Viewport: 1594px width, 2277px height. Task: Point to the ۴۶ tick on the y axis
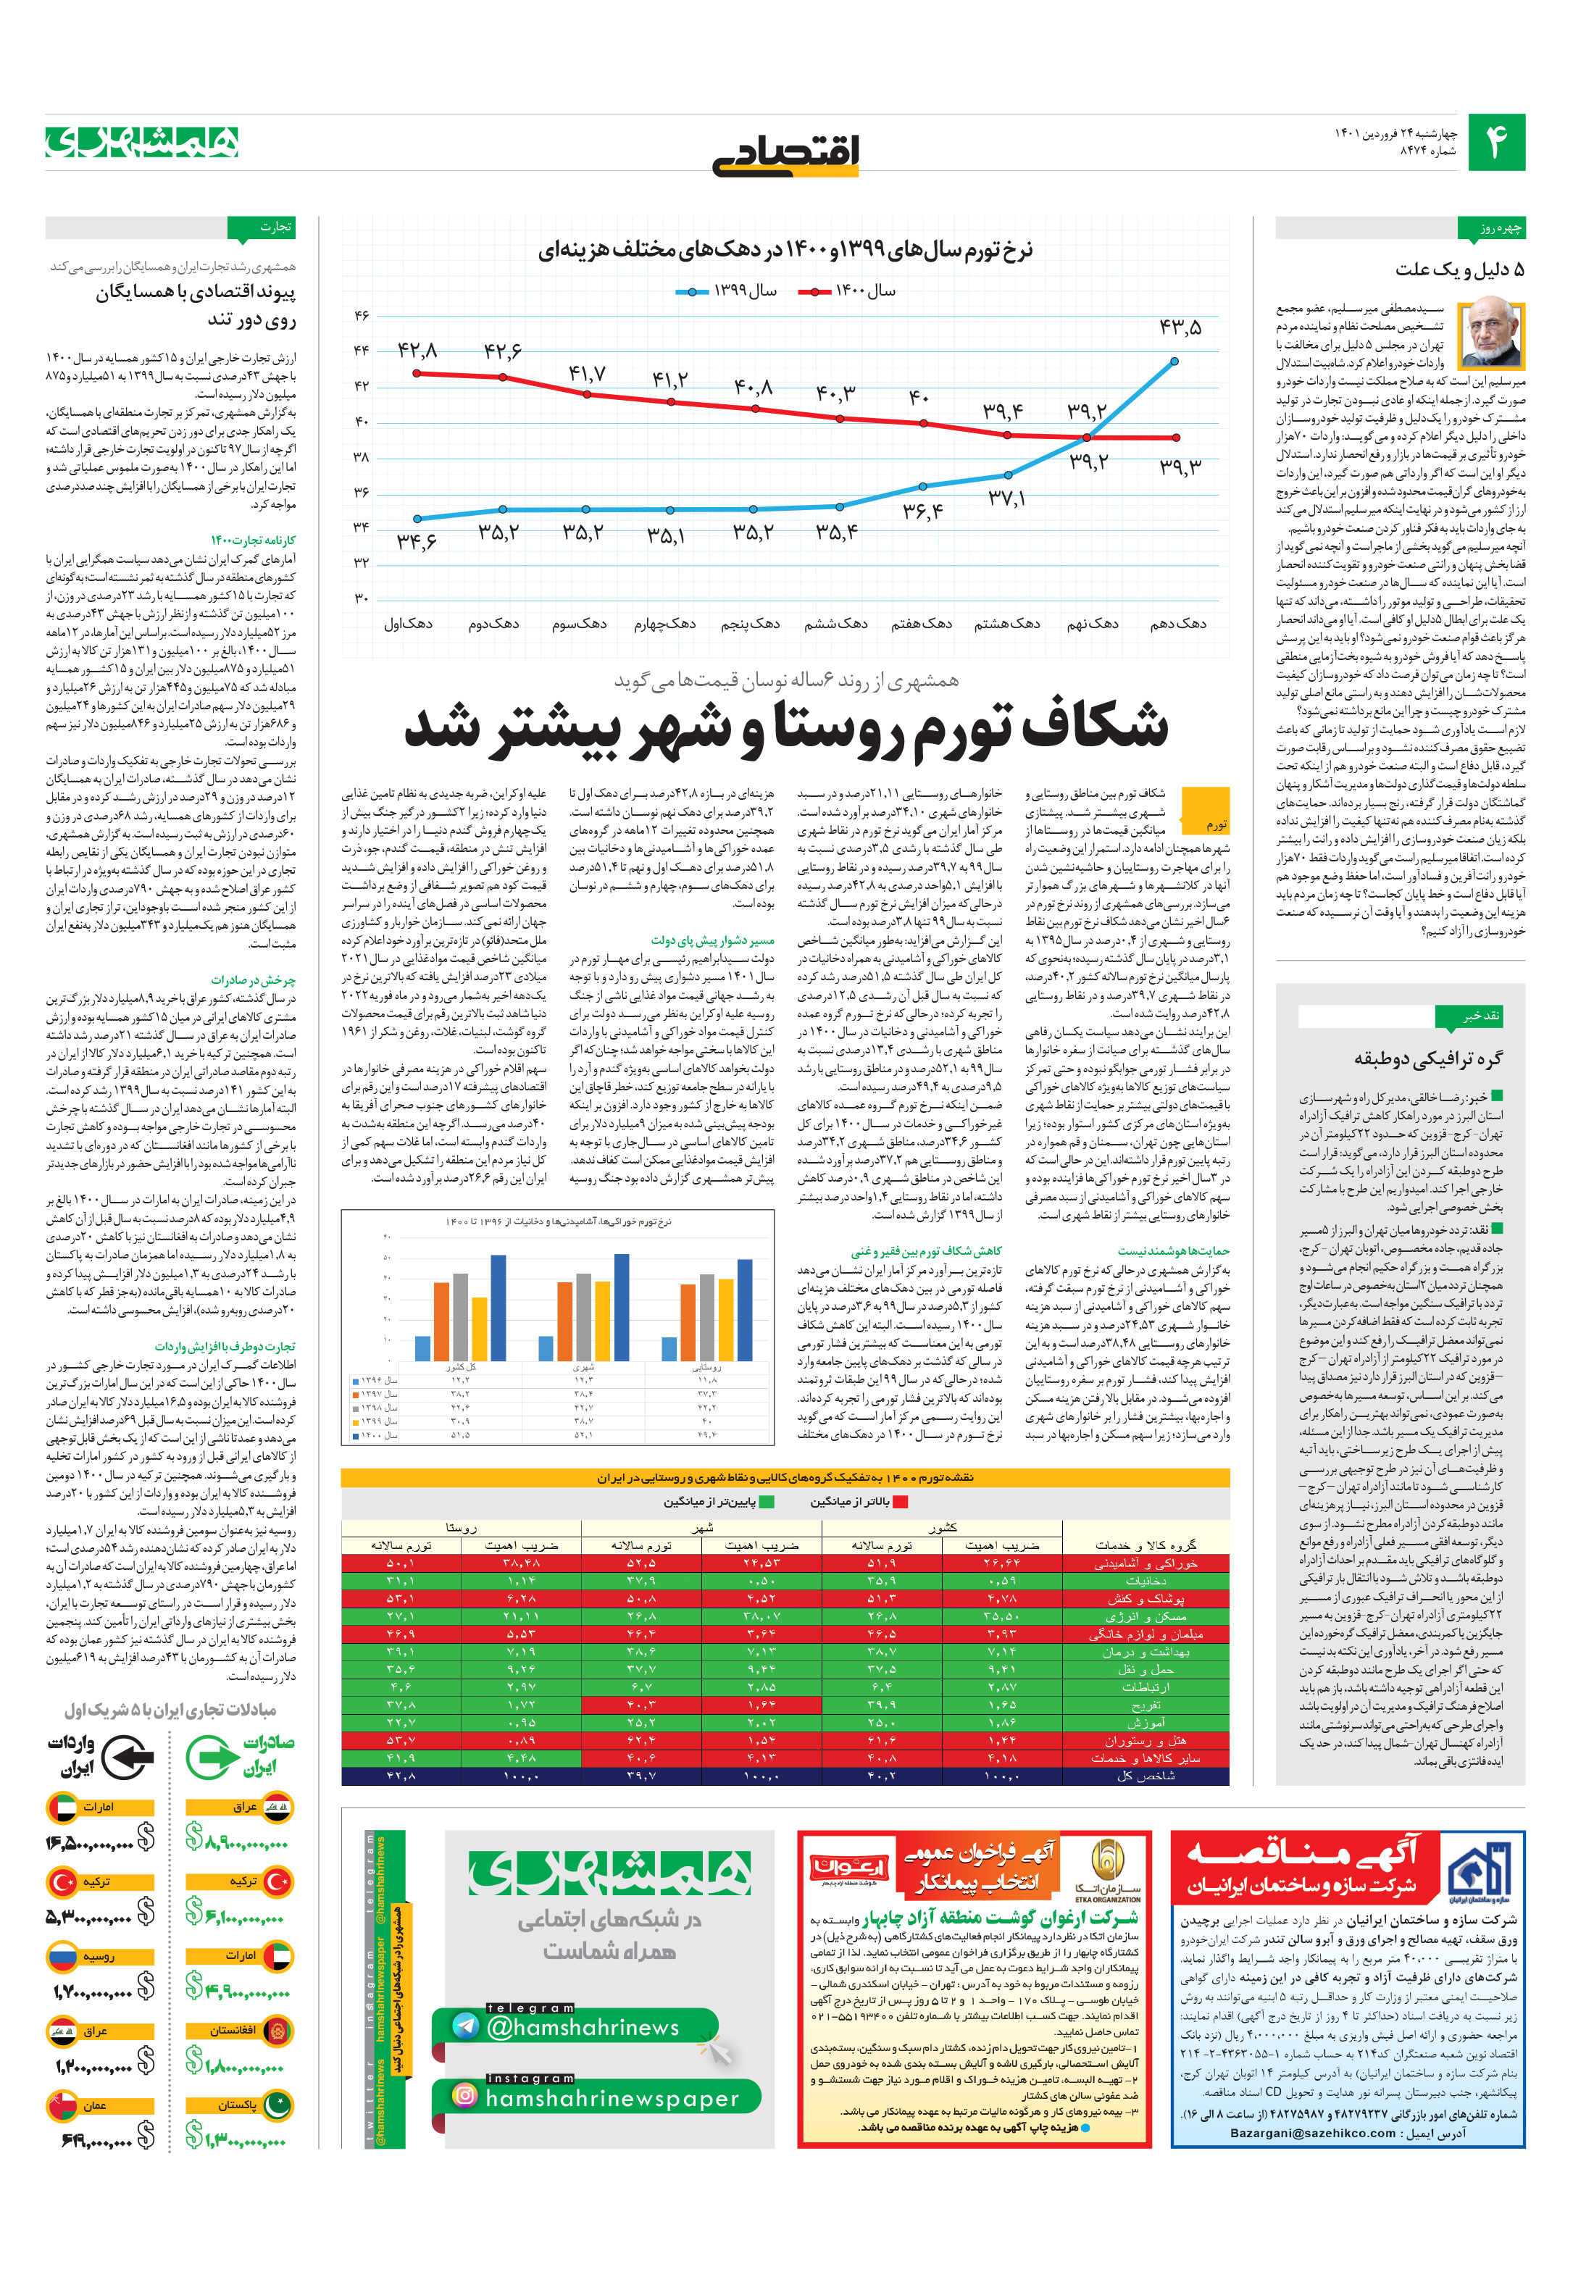(361, 315)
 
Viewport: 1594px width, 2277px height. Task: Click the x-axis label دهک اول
(409, 624)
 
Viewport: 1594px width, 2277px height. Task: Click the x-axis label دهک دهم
(1178, 624)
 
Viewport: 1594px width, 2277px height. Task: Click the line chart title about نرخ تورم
(785, 251)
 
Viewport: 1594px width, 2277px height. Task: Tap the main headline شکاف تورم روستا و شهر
(785, 727)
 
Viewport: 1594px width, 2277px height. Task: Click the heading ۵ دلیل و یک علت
(1459, 270)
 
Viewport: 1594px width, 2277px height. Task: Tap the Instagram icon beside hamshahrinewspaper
(464, 2095)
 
